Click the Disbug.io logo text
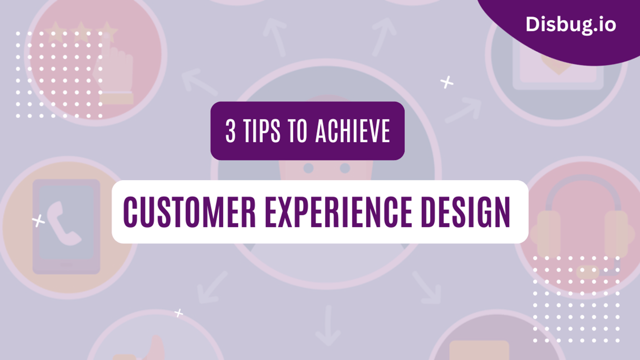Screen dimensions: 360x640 click(x=570, y=24)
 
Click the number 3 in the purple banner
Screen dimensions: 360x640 click(x=231, y=132)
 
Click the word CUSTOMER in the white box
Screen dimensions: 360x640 click(x=190, y=212)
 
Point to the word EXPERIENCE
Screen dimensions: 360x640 click(x=334, y=212)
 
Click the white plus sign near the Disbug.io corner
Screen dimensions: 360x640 click(x=447, y=82)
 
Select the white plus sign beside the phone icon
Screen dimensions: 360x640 click(x=38, y=220)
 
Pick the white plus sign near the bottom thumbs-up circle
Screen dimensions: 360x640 click(x=179, y=313)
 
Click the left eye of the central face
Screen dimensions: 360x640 click(x=308, y=167)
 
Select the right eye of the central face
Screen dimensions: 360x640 click(x=345, y=167)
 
